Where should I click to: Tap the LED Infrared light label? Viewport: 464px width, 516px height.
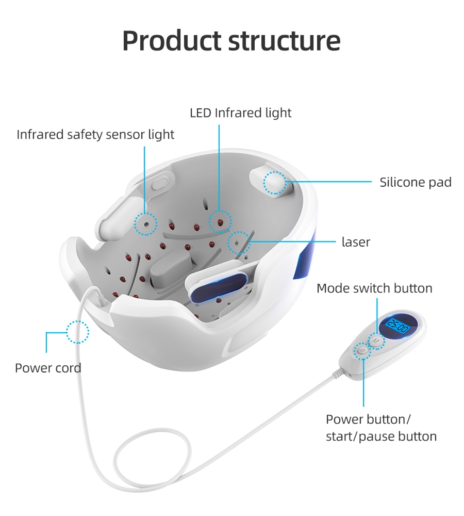pos(240,112)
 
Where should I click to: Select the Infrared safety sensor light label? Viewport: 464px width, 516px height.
pos(95,135)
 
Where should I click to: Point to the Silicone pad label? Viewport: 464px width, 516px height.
pos(415,182)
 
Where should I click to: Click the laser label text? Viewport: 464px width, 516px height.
pos(356,241)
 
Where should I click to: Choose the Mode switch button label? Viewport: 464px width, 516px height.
pos(374,288)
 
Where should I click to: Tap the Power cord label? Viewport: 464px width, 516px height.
pos(48,368)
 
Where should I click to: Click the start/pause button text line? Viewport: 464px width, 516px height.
pos(381,436)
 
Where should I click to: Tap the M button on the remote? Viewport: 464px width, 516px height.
pos(376,341)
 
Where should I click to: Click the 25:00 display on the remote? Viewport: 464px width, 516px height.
pos(397,327)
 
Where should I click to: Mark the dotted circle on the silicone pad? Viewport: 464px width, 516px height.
pos(275,183)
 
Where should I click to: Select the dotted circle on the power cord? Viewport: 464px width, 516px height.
pos(78,332)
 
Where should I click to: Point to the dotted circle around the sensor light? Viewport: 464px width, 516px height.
pos(145,224)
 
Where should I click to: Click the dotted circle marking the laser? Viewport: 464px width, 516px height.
pos(238,243)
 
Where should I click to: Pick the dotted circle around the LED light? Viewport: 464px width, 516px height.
pos(220,222)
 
